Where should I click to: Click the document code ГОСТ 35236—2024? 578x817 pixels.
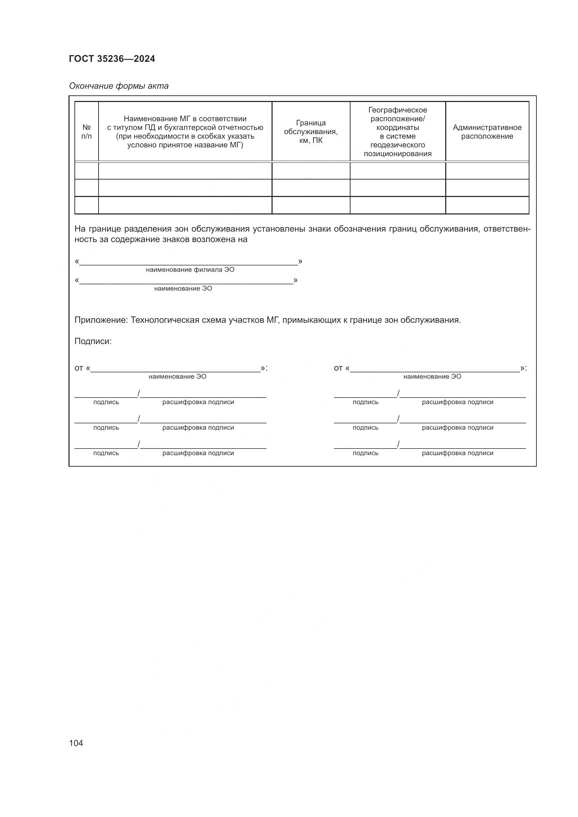[112, 59]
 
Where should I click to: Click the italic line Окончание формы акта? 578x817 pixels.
[118, 86]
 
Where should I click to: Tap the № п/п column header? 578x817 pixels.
[86, 132]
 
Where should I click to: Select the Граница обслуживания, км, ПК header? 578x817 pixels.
[311, 132]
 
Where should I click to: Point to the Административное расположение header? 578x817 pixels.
[487, 132]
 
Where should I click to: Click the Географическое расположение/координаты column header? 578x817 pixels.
[398, 132]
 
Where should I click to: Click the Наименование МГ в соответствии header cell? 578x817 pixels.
[185, 132]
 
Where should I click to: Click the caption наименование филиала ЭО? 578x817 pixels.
[190, 270]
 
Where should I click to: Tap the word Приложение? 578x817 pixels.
[101, 320]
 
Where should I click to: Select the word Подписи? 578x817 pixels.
[93, 341]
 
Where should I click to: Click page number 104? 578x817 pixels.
[76, 743]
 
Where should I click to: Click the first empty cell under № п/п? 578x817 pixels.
[86, 171]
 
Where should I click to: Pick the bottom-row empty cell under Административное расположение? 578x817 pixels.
[487, 205]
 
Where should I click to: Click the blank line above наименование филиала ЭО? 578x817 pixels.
[189, 263]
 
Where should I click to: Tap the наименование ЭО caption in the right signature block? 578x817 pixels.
[432, 377]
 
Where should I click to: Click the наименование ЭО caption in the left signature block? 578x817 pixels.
[177, 377]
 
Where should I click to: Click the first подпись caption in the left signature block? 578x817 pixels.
[106, 402]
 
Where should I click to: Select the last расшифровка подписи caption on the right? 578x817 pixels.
[457, 453]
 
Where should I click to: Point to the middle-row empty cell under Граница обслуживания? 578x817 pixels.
[311, 188]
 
